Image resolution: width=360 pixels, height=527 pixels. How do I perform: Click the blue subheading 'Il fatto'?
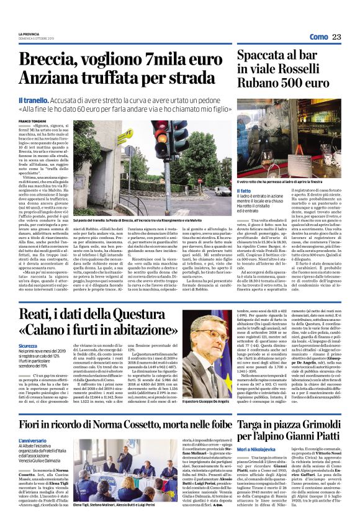[245, 191]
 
